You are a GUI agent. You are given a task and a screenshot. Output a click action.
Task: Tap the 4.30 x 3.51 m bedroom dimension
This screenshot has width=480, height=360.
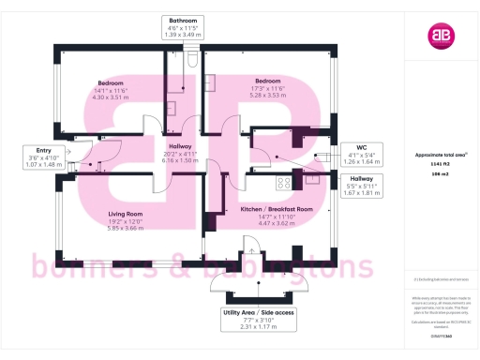110,97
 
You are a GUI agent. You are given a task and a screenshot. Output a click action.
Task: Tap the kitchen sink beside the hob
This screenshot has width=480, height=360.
310,173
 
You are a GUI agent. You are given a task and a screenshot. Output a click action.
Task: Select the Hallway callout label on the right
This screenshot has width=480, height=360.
361,177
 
